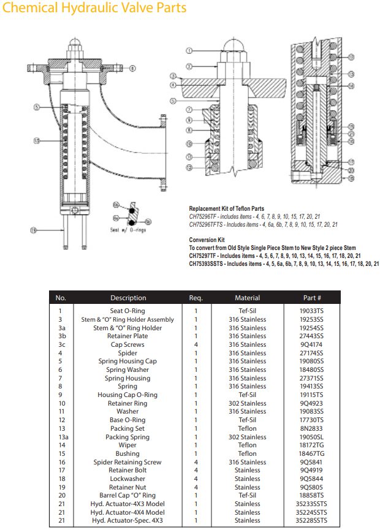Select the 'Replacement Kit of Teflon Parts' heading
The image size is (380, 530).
(x=226, y=209)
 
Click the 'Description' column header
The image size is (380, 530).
(x=128, y=298)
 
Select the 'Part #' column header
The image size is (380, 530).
(x=311, y=298)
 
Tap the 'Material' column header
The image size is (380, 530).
(x=247, y=298)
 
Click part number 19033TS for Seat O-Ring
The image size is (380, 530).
(x=311, y=311)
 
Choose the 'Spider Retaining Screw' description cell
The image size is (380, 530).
(x=127, y=462)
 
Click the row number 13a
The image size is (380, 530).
(x=61, y=437)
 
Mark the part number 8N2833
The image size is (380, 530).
(x=311, y=428)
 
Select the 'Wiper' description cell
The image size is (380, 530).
(x=127, y=445)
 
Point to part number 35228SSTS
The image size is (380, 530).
(x=311, y=521)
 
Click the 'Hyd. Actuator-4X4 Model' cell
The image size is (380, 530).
(x=127, y=512)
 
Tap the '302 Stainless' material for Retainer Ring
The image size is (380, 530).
(x=247, y=403)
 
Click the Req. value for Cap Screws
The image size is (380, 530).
(x=196, y=344)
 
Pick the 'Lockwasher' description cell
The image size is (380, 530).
(x=127, y=479)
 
